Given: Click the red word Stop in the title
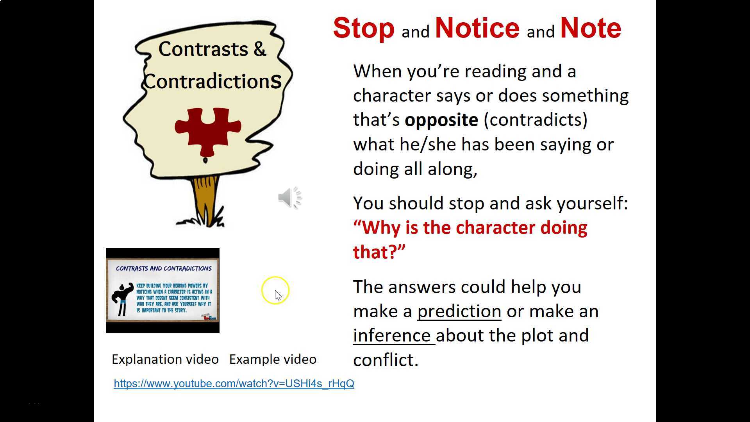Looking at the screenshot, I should click(x=363, y=29).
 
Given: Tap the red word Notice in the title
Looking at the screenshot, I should click(x=477, y=29).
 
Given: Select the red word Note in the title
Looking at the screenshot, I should click(x=590, y=29).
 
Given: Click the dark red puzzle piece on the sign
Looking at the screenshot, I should click(x=207, y=131).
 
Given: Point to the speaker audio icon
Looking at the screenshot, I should click(x=289, y=198).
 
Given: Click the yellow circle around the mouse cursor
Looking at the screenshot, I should click(x=275, y=290).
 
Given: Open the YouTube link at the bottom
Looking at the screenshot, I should click(x=234, y=384).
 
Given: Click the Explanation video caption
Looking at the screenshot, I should click(x=165, y=359).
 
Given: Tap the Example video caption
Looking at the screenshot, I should click(x=273, y=359).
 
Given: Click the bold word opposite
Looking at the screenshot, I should click(x=441, y=120).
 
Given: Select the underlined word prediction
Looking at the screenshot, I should click(x=459, y=311).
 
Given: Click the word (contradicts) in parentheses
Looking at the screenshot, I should click(x=535, y=120).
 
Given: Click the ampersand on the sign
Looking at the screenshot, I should click(x=259, y=49).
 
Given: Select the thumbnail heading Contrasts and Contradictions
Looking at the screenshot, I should click(x=164, y=268).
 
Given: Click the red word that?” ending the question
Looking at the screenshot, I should click(x=379, y=252).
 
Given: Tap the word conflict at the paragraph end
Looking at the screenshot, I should click(x=385, y=360).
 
